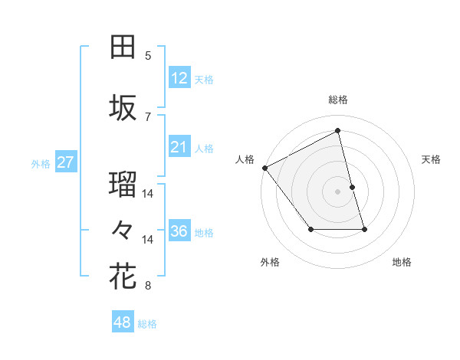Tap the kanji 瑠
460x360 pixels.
click(123, 185)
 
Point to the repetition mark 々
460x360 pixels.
click(123, 229)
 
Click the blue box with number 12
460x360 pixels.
click(179, 78)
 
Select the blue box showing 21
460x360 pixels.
click(179, 147)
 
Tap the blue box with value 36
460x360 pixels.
click(179, 231)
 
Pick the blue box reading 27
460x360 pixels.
click(65, 162)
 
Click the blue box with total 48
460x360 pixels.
click(123, 322)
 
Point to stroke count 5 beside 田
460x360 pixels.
click(148, 56)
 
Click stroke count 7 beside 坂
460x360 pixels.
click(148, 117)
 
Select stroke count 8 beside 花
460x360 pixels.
click(148, 286)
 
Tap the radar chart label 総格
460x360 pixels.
click(338, 100)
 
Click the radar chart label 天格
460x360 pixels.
click(432, 159)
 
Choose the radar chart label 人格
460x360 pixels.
click(245, 159)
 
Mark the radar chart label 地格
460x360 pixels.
click(402, 263)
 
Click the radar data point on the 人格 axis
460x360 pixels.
click(264, 168)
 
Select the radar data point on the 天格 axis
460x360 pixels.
click(352, 187)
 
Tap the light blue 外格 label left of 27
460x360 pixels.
click(41, 163)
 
